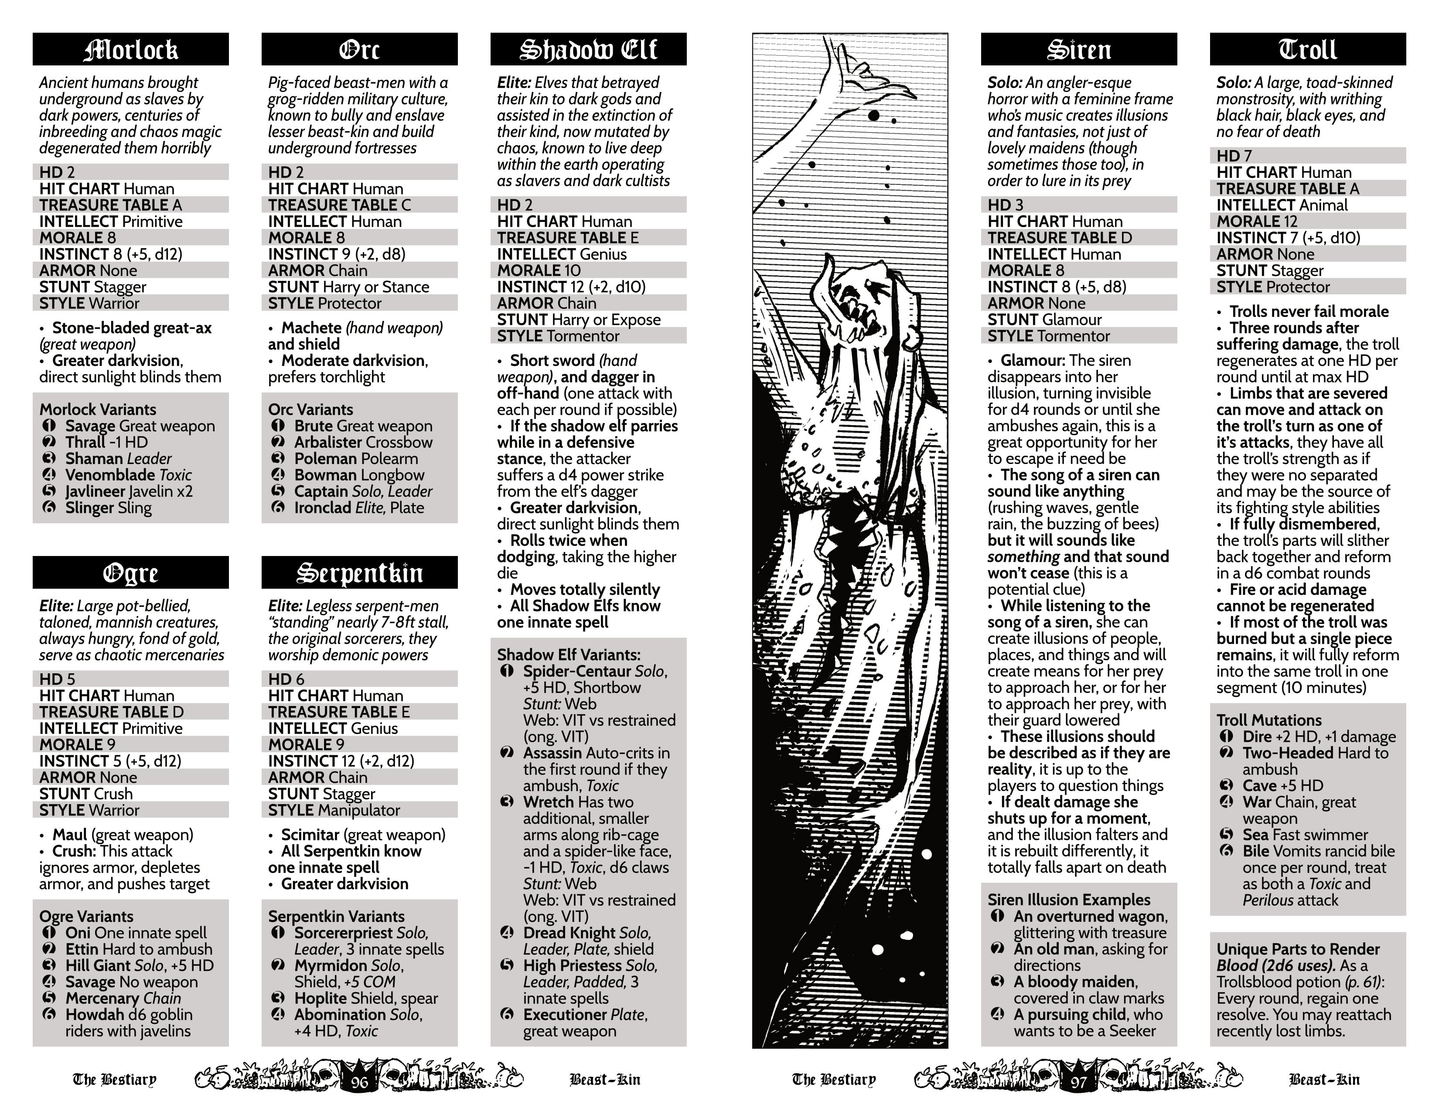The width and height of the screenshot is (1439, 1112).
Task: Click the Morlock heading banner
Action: click(130, 49)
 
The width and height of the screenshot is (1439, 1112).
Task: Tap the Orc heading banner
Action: click(359, 49)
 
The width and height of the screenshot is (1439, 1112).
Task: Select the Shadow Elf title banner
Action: click(588, 49)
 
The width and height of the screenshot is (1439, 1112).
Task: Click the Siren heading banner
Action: click(1078, 49)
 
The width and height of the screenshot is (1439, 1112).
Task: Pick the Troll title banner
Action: click(1307, 49)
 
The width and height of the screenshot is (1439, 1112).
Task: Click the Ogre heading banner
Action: click(130, 573)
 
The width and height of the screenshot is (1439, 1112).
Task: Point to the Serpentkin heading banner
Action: click(359, 573)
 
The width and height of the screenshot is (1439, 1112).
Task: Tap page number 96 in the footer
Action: click(360, 1082)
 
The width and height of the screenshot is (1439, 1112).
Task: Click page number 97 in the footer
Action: click(1078, 1082)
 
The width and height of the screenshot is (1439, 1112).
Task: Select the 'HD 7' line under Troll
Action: click(1234, 156)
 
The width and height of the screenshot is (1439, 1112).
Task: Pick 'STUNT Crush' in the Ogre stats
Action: click(85, 794)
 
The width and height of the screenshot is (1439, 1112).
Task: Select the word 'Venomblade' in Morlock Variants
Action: click(99, 475)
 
